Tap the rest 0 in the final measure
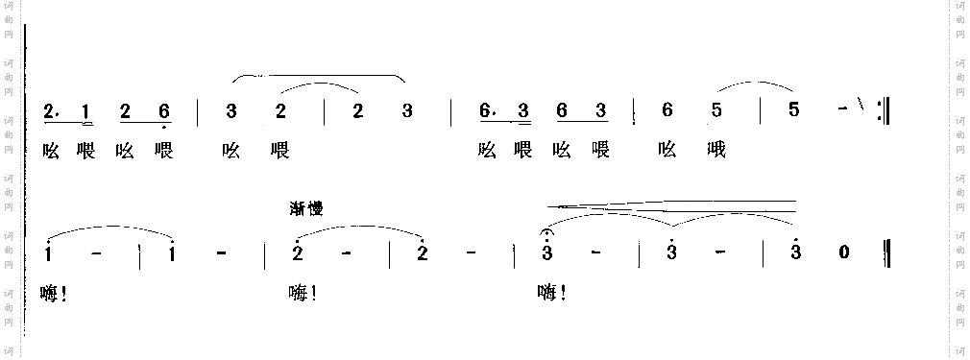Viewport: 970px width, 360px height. point(844,253)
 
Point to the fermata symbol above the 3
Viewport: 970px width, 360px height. point(547,232)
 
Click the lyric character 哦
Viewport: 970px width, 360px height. point(715,151)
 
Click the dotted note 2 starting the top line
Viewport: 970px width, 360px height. point(49,111)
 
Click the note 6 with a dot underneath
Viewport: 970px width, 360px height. point(164,111)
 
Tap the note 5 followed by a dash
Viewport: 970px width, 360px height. point(792,110)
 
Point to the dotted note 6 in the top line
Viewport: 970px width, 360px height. point(485,111)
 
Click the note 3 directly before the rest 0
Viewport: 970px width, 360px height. point(795,253)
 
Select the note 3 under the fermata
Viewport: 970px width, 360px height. point(547,254)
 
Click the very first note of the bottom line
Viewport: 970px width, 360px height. point(49,254)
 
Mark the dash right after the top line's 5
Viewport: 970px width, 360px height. point(842,110)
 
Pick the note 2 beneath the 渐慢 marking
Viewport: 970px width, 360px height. point(299,254)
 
